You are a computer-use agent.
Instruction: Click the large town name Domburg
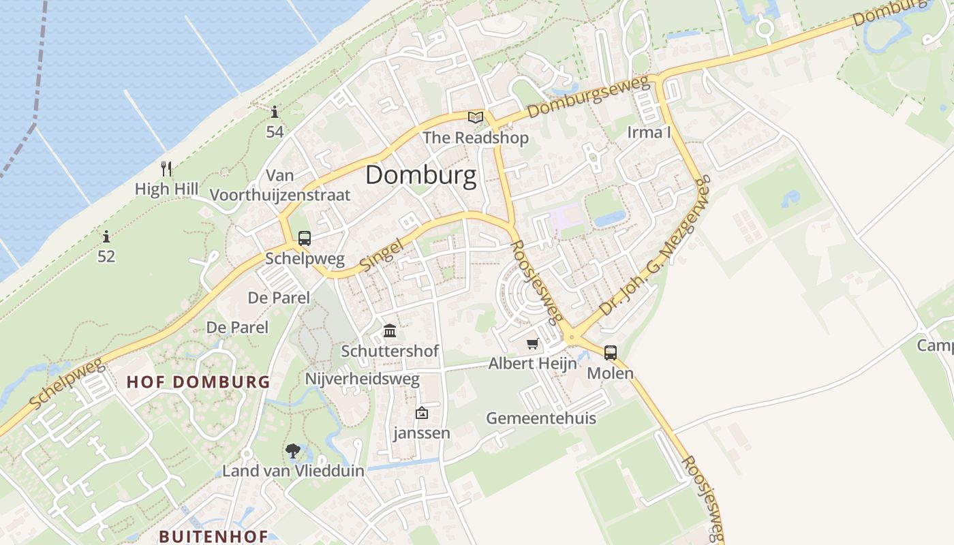(420, 175)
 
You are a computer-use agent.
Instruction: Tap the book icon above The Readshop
(476, 118)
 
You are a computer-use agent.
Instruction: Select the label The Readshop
(476, 138)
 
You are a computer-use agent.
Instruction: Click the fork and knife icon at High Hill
(166, 168)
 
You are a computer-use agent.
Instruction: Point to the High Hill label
(166, 189)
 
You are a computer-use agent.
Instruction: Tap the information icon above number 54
(275, 112)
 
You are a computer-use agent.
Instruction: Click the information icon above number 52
(106, 237)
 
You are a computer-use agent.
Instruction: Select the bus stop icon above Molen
(611, 353)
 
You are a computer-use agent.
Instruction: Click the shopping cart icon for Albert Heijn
(532, 344)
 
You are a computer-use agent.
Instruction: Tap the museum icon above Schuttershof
(390, 331)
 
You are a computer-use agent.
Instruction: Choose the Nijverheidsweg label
(363, 379)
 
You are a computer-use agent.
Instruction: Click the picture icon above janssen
(422, 413)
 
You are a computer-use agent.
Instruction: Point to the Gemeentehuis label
(541, 418)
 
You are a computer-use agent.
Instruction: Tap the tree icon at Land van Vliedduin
(293, 450)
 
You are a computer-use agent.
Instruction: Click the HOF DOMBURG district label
(198, 381)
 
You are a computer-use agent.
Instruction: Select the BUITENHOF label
(213, 536)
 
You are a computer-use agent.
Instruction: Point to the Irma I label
(649, 132)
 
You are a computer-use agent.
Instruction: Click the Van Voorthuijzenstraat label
(280, 185)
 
